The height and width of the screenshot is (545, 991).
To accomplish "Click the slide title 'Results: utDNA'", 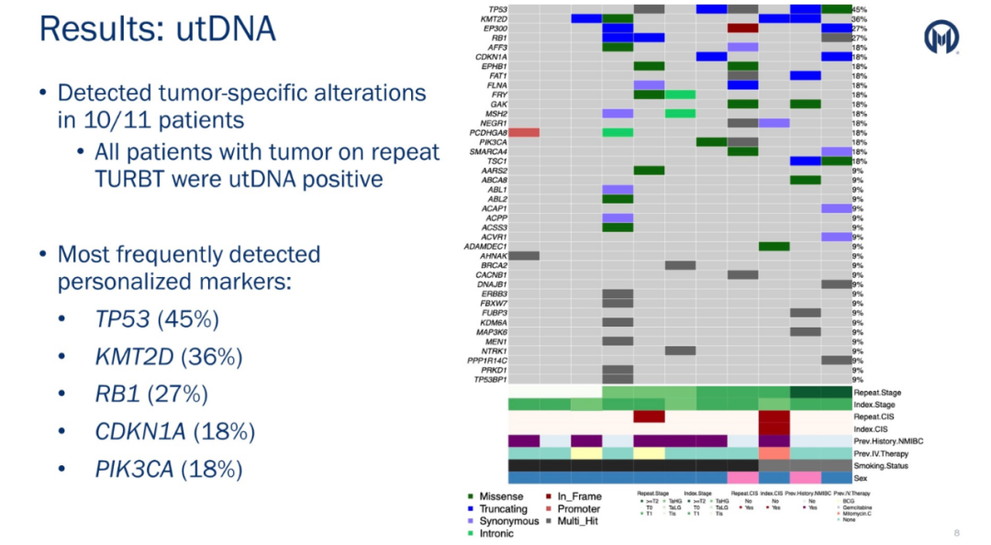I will click(157, 29).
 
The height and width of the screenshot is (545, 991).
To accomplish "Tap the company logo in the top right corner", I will click(941, 38).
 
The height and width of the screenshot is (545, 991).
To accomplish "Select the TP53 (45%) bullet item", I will click(157, 320).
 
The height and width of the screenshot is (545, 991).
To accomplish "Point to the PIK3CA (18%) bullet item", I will click(169, 469).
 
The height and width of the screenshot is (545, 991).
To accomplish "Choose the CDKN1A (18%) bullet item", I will click(175, 431).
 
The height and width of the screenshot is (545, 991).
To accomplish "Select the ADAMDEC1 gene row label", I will click(485, 246).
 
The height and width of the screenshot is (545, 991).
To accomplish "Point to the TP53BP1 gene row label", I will click(489, 379).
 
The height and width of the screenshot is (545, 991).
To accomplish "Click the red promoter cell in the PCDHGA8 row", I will click(524, 132).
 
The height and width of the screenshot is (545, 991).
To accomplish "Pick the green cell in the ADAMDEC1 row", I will click(774, 246).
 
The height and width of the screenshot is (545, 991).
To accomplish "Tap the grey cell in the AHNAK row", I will click(524, 255).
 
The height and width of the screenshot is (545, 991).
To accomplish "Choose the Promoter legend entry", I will click(578, 508).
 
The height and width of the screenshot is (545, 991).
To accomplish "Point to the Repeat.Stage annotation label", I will click(876, 393).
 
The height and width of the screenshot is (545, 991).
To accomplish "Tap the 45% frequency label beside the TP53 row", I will click(860, 9).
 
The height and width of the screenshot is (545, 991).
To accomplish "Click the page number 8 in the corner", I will click(956, 532).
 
